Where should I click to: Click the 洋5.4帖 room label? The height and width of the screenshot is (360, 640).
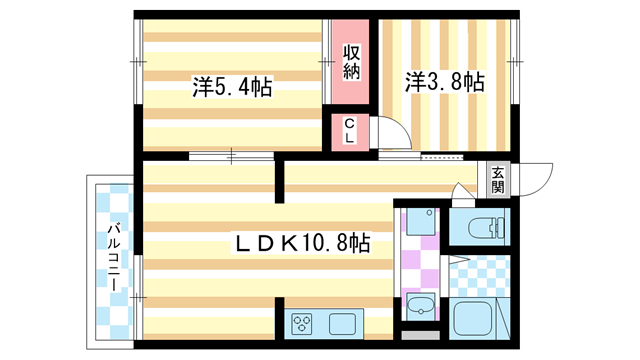[232, 88]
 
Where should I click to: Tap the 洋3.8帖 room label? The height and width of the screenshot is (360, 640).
[444, 82]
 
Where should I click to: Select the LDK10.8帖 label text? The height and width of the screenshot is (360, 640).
[302, 242]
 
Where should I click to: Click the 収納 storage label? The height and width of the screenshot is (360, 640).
[352, 62]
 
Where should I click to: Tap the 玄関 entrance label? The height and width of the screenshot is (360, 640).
[497, 179]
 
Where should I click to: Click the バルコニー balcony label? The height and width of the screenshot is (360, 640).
[116, 256]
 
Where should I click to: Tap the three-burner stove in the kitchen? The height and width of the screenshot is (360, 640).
[303, 323]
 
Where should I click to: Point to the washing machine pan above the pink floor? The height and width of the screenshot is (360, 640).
[420, 223]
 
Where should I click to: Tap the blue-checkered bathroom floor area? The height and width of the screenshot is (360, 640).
[480, 275]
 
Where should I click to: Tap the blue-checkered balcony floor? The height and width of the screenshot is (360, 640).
[114, 300]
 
